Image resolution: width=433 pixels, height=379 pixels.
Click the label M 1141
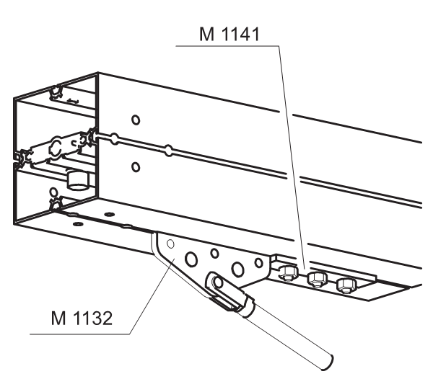(229, 34)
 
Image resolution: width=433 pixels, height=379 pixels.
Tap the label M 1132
(82, 318)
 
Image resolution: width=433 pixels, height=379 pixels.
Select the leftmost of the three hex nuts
(288, 273)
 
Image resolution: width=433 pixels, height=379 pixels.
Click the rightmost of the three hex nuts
(346, 285)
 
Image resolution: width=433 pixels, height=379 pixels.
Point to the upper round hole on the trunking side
(136, 120)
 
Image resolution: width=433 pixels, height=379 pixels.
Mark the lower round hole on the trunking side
(136, 166)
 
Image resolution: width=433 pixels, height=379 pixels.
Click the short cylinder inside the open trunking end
(79, 181)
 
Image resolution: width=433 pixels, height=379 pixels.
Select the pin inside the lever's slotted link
(218, 282)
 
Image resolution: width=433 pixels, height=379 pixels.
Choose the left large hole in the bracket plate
(191, 259)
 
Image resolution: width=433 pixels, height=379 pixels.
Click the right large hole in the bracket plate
(237, 269)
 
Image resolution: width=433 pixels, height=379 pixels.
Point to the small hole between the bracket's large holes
(214, 254)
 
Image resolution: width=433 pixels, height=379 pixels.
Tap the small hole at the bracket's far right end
(259, 263)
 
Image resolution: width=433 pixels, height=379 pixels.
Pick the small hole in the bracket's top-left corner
(170, 244)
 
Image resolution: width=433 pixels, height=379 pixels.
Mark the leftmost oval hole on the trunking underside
(78, 223)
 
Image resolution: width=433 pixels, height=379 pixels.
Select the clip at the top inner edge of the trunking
(56, 93)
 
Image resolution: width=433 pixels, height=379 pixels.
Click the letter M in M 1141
(206, 34)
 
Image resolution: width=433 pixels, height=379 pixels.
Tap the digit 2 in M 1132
(107, 318)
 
